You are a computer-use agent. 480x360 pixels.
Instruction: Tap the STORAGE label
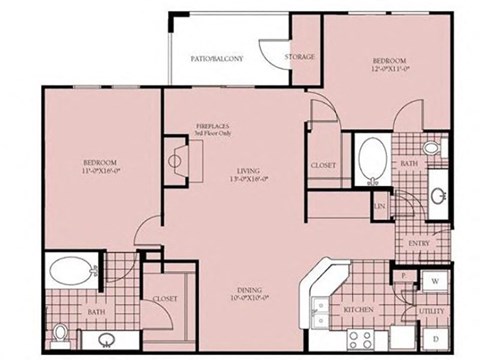click(x=301, y=57)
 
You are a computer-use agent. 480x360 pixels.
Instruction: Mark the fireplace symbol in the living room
click(x=181, y=160)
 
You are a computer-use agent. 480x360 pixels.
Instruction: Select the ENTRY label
click(x=420, y=243)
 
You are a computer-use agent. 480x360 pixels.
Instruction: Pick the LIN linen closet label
click(x=380, y=206)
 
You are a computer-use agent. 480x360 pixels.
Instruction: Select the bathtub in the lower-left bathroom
click(x=69, y=271)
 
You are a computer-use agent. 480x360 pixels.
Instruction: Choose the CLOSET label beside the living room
click(x=322, y=164)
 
